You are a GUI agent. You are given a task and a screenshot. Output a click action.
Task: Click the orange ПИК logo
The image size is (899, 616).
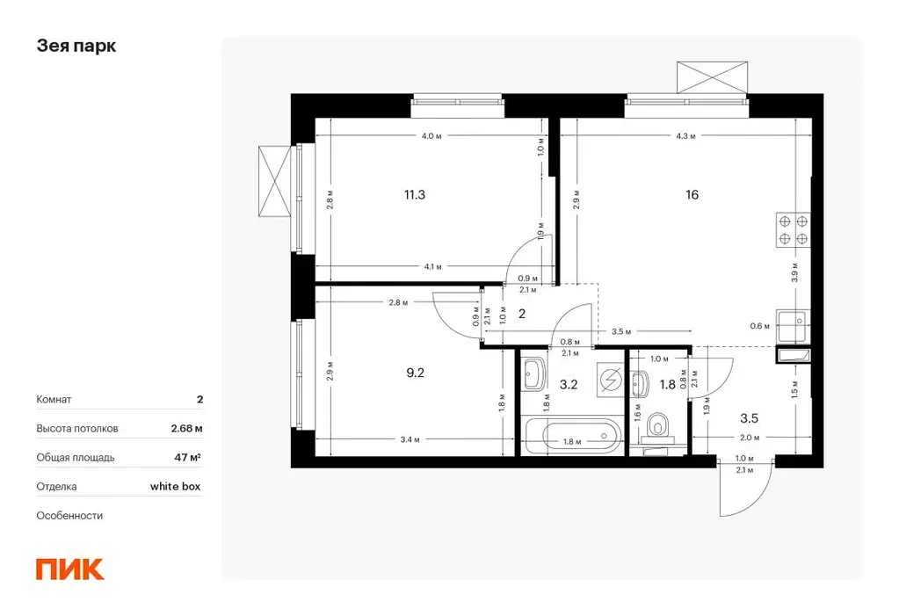[x=70, y=569]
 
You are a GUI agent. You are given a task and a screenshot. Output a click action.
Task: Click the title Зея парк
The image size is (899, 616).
[x=76, y=46]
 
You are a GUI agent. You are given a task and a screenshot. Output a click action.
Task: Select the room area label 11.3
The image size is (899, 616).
[x=415, y=195]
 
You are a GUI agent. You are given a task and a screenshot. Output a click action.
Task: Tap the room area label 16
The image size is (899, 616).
[x=692, y=195]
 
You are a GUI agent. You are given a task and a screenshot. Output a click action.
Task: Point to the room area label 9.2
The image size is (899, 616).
[x=415, y=373]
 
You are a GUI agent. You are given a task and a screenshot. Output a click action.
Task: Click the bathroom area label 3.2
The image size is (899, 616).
[x=569, y=384]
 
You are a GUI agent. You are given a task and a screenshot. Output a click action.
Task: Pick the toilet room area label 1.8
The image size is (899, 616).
[x=667, y=384]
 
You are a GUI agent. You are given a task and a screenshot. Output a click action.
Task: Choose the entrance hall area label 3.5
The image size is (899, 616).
[x=750, y=418]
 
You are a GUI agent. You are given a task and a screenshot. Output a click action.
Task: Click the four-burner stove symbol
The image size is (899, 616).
[x=794, y=230]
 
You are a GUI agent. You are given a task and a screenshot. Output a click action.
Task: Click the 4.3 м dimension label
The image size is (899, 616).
[x=685, y=136]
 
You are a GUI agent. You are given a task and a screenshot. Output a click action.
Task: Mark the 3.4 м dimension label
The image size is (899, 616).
[x=410, y=440]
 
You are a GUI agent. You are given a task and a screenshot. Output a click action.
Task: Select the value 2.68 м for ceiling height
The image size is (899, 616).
[x=187, y=429]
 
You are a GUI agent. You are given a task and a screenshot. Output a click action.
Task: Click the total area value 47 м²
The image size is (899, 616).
[x=187, y=458]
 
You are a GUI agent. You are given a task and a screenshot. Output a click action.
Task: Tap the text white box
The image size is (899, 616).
[x=176, y=486]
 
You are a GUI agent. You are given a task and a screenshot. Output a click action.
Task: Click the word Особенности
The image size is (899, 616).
[x=69, y=516]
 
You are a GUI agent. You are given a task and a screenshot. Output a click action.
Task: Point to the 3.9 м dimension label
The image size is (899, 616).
[x=794, y=272]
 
